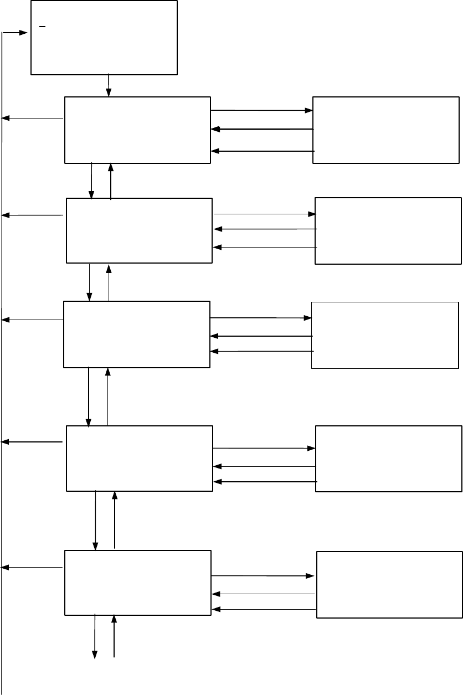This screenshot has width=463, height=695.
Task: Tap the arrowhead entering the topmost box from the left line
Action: tap(24, 33)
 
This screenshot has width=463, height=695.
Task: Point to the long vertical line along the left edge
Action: tap(3, 388)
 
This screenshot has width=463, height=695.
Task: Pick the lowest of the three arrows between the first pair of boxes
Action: tap(263, 151)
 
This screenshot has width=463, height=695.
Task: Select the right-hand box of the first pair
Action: tap(386, 130)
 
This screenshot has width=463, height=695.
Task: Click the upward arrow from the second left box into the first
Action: tap(111, 181)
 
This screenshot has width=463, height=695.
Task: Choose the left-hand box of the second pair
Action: tap(139, 230)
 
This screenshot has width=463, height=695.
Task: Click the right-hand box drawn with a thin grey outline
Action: tap(385, 335)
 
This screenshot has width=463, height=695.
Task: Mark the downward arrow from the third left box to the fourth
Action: tap(89, 397)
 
